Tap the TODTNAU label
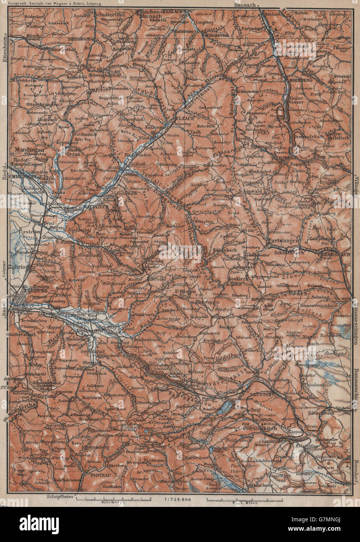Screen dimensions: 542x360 (x=98, y=478)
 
